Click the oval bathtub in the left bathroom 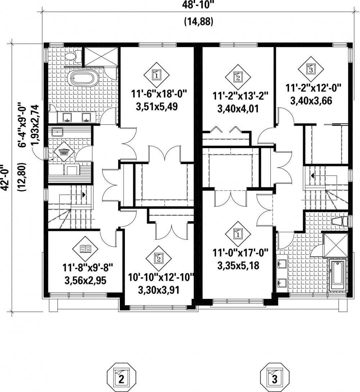coord(83,78)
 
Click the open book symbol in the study coord(85,249)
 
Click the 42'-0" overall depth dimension coord(5,178)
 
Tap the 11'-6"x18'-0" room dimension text coord(159,95)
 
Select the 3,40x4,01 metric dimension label coord(238,109)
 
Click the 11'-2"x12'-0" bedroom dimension coord(314,88)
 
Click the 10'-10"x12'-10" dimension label coord(161,278)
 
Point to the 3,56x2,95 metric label coord(86,281)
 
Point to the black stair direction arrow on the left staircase coord(84,194)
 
